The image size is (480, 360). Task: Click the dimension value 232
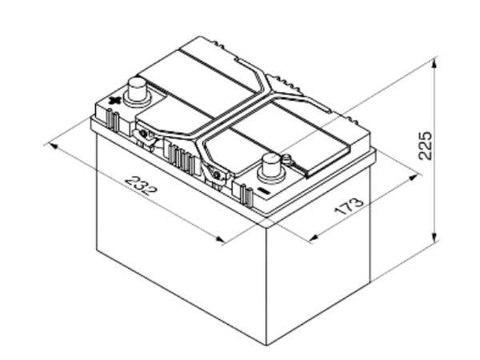tap(141, 186)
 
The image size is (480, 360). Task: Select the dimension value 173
tap(349, 207)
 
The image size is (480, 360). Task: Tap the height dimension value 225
tap(426, 146)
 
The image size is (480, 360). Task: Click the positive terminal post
tap(137, 91)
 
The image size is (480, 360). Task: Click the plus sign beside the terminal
tap(114, 101)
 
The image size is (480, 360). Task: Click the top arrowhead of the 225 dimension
tap(434, 62)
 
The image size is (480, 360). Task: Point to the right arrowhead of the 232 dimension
tap(220, 238)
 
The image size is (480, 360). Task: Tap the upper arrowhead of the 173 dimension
tap(414, 177)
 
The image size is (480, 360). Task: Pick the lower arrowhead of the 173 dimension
tap(314, 237)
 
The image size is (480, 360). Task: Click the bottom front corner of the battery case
tap(266, 346)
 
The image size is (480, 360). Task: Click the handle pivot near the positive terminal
tap(143, 134)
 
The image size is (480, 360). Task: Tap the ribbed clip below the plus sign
tap(112, 120)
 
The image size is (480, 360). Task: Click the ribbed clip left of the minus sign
tap(246, 194)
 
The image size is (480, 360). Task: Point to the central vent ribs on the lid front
tap(182, 158)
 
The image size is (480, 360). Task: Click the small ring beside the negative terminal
tap(286, 158)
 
